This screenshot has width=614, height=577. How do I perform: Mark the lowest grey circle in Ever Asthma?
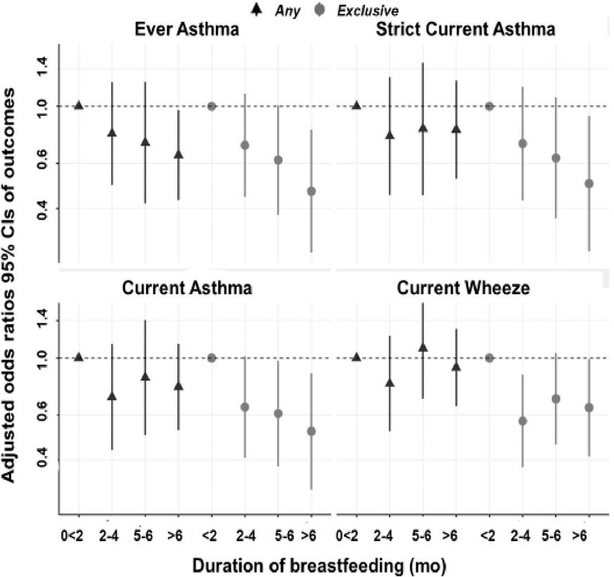pos(311,191)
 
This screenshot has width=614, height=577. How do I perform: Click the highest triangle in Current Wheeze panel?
pos(423,348)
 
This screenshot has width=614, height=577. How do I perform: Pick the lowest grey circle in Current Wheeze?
pos(523,421)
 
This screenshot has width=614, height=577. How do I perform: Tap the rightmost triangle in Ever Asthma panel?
pos(179,154)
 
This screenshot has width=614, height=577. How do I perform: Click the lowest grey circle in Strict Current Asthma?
pos(589,184)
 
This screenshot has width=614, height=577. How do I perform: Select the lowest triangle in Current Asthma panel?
pos(112,396)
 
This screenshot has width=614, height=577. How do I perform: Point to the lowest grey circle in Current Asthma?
pos(311,431)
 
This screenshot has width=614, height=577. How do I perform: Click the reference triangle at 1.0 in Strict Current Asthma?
pos(357,106)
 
